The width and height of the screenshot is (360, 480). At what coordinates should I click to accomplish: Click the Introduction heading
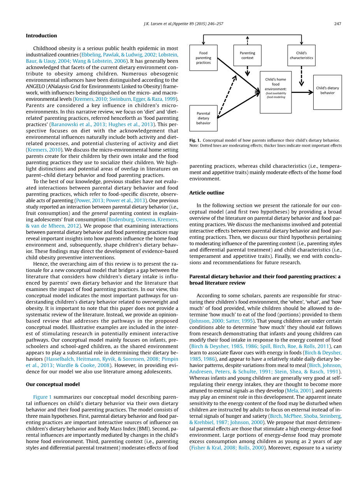click(x=41, y=36)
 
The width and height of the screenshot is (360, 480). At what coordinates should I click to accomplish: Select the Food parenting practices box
click(x=203, y=58)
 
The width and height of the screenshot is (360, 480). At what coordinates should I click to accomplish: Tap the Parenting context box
click(x=247, y=55)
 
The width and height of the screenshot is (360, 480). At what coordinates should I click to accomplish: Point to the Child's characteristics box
click(x=301, y=55)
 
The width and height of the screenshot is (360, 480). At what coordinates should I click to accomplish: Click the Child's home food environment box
click(x=276, y=92)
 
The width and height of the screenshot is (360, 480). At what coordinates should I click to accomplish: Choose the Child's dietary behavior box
click(x=327, y=92)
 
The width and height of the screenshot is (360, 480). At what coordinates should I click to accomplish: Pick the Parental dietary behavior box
click(x=203, y=118)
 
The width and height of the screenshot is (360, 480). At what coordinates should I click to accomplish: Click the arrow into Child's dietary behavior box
click(x=302, y=92)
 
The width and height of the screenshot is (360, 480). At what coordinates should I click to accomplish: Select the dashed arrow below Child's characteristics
click(x=301, y=76)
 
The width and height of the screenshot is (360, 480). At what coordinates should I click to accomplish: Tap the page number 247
click(x=337, y=24)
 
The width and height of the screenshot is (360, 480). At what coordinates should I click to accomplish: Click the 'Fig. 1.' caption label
click(x=195, y=140)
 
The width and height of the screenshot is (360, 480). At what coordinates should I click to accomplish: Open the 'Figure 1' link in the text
click(x=42, y=397)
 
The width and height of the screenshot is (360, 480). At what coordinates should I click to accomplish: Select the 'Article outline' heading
click(x=207, y=193)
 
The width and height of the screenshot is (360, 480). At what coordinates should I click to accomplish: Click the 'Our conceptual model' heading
click(x=53, y=384)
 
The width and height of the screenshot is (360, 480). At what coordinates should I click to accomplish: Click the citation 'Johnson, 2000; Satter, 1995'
click(x=222, y=321)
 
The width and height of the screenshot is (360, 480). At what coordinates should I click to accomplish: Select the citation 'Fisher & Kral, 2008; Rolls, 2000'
click(x=225, y=448)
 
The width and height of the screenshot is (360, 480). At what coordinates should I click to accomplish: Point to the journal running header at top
click(x=183, y=24)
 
